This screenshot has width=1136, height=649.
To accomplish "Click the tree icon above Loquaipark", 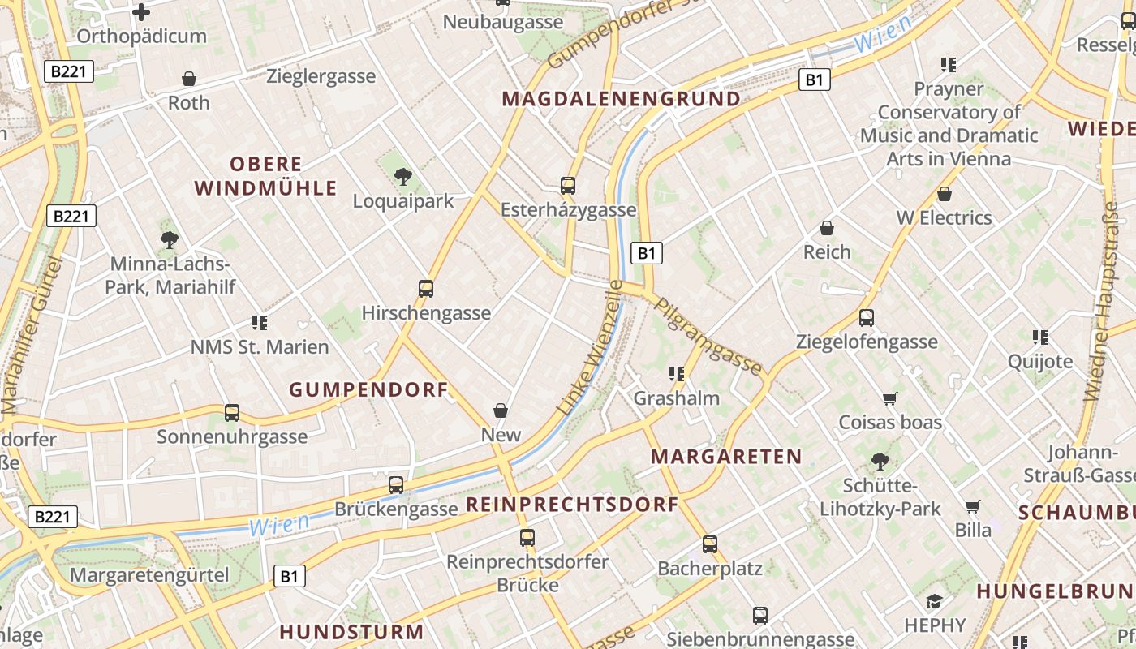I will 402,176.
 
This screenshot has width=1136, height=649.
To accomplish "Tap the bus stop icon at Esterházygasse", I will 568,186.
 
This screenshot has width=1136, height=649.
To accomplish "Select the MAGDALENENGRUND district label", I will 621,99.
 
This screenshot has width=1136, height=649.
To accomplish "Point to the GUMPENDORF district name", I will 368,390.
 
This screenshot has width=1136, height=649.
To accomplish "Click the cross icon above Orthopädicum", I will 141,12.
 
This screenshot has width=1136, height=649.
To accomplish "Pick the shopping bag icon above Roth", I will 189,79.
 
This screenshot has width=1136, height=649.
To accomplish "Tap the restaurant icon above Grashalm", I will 676,374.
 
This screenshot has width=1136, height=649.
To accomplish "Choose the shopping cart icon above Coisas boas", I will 890,398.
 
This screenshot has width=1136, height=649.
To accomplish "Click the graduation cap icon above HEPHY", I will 935,601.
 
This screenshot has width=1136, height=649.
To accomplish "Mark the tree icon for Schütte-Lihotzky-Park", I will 880,462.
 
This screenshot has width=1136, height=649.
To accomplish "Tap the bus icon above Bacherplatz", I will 710,544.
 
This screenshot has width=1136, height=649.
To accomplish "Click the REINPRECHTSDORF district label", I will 571,505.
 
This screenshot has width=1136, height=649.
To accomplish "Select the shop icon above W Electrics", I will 944,194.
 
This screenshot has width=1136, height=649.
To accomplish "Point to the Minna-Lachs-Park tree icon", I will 169,239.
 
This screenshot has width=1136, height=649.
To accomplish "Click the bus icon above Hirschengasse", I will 426,288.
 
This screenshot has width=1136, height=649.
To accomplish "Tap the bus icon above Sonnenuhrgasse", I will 232,413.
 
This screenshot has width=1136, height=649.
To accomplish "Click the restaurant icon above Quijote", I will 1039,337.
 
